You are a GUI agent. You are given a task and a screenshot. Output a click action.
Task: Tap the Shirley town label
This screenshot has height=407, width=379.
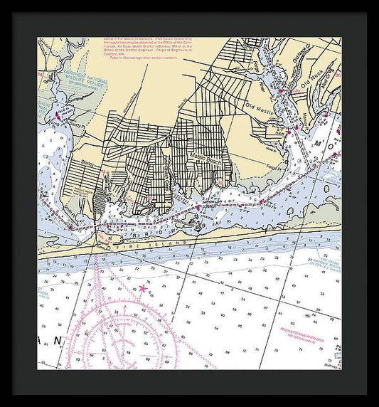coord(88,162)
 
